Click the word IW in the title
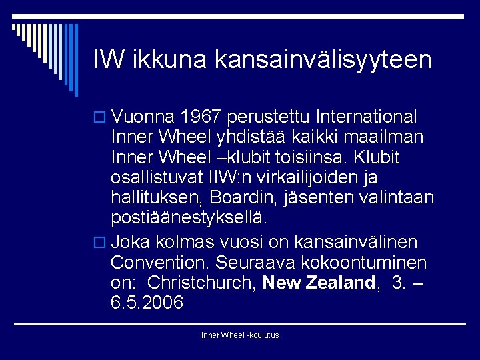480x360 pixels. [109, 59]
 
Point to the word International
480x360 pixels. [368, 117]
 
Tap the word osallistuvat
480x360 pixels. [154, 177]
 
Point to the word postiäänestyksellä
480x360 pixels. [189, 218]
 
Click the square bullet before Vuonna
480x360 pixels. [101, 118]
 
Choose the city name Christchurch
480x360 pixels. [201, 282]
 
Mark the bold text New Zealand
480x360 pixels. [319, 282]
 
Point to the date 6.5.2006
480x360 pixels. [147, 302]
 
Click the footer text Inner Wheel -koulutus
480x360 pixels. [240, 335]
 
